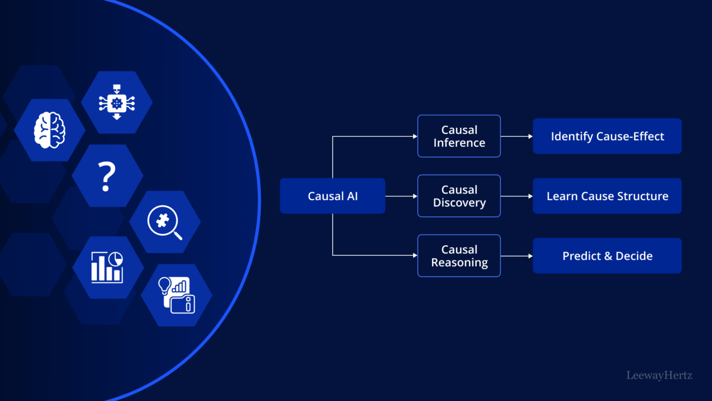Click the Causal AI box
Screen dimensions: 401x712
[x=332, y=196]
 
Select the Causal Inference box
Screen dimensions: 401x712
[x=459, y=136]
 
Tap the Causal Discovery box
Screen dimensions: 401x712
[x=459, y=196]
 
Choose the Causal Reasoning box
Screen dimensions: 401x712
[x=459, y=256]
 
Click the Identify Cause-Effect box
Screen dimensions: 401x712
[x=607, y=136]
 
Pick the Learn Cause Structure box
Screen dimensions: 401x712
[x=607, y=196]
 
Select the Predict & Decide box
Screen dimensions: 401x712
[x=607, y=256]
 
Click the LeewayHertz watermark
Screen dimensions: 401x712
[x=659, y=375]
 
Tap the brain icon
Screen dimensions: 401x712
[x=50, y=130]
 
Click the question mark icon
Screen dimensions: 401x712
[x=107, y=176]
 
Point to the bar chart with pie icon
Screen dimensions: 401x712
[x=107, y=268]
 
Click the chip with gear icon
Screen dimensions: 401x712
[x=117, y=102]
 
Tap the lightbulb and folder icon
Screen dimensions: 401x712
[x=176, y=295]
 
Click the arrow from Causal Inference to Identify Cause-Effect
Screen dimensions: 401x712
[x=516, y=136]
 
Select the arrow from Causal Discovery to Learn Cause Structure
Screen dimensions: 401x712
[x=516, y=196]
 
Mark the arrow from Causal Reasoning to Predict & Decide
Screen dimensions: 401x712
[x=516, y=256]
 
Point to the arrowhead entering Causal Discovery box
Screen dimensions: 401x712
[x=414, y=196]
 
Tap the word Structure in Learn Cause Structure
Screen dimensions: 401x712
[x=645, y=196]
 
